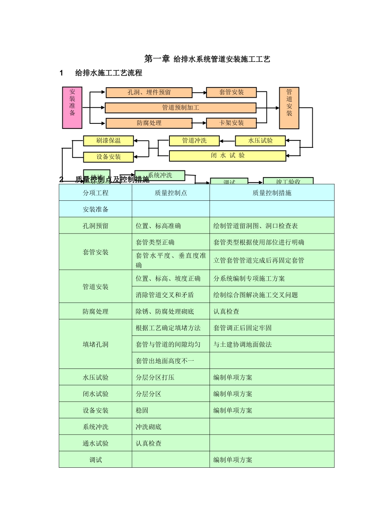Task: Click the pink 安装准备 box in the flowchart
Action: pyautogui.click(x=72, y=107)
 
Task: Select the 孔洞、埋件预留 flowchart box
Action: pyautogui.click(x=149, y=92)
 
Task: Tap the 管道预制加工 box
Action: pyautogui.click(x=180, y=107)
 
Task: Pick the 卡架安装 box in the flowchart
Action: pyautogui.click(x=231, y=123)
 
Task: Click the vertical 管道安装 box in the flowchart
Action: pyautogui.click(x=289, y=108)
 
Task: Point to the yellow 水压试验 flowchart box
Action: pyautogui.click(x=260, y=140)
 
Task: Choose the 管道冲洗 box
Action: pyautogui.click(x=194, y=140)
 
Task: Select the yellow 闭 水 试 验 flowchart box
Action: pyautogui.click(x=227, y=156)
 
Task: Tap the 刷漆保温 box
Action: pyautogui.click(x=108, y=140)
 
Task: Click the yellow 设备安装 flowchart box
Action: pyautogui.click(x=108, y=157)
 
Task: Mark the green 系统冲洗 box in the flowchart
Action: pyautogui.click(x=160, y=176)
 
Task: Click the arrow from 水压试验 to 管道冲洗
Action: pyautogui.click(x=227, y=141)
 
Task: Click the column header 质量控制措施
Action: pyautogui.click(x=272, y=193)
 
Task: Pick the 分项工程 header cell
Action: pyautogui.click(x=95, y=193)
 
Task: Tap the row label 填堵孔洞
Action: pyautogui.click(x=95, y=344)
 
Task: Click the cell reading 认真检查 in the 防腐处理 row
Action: pyautogui.click(x=226, y=311)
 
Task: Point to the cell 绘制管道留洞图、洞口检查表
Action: pyautogui.click(x=255, y=226)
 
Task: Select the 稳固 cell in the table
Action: pyautogui.click(x=142, y=410)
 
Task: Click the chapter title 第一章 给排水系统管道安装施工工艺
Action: pyautogui.click(x=207, y=59)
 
